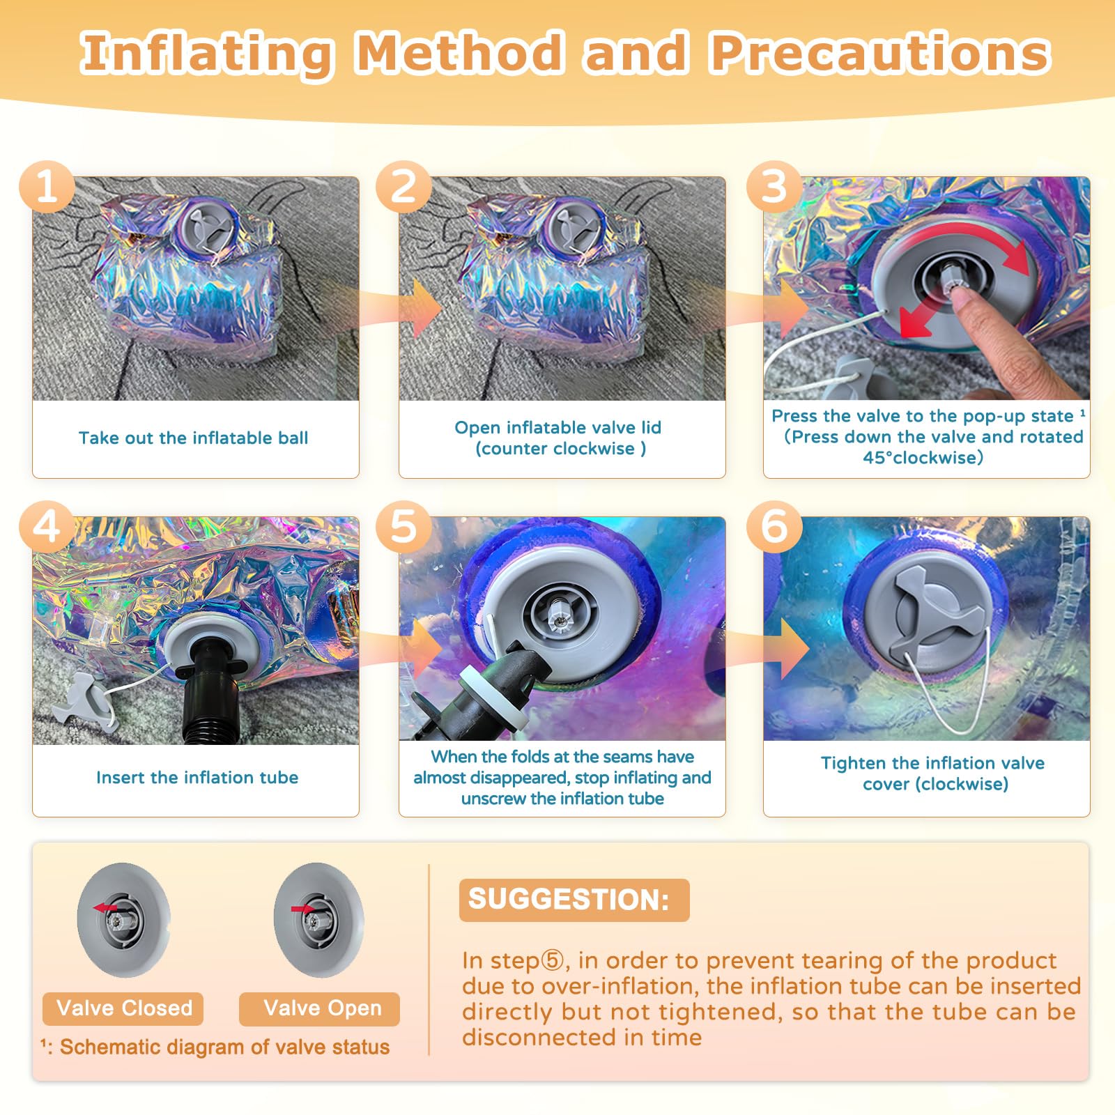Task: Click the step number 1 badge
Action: (47, 187)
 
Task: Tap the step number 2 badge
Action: (403, 187)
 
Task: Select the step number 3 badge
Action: (774, 187)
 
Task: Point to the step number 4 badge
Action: (47, 527)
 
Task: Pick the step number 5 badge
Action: (403, 527)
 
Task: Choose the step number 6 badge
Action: (774, 527)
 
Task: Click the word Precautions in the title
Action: (880, 53)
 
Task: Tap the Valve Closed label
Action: (123, 1008)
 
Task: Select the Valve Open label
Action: (319, 1008)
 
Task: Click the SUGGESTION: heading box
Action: (574, 900)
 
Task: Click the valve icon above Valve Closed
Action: (124, 920)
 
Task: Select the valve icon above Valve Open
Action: (319, 920)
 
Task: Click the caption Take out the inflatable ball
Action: (193, 438)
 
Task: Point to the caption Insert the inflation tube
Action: (197, 777)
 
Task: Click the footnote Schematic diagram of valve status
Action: (215, 1047)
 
